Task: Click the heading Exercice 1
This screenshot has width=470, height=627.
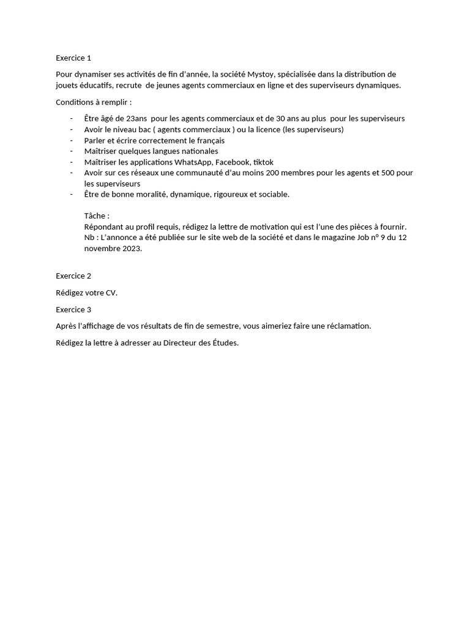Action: click(73, 58)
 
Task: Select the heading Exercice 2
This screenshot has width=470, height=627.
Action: click(73, 276)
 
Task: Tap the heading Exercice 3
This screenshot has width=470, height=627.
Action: click(73, 309)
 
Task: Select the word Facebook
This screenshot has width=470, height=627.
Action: click(233, 162)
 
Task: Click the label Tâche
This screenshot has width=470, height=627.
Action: click(95, 216)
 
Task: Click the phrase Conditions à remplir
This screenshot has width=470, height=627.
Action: click(93, 102)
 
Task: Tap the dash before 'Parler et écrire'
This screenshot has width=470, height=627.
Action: click(72, 140)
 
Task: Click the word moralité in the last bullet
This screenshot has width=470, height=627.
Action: click(149, 195)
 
